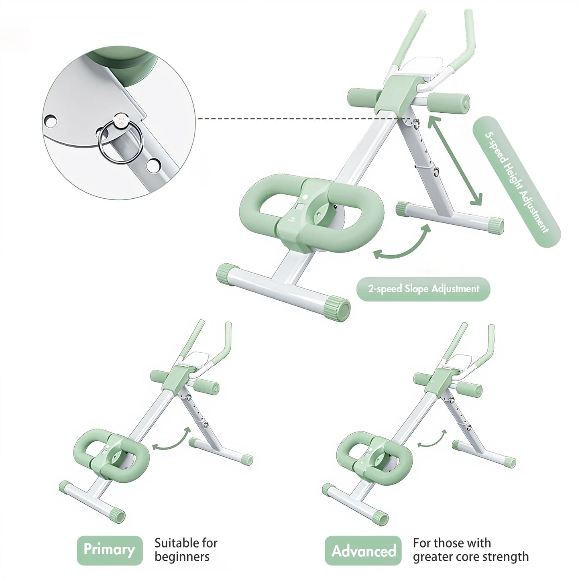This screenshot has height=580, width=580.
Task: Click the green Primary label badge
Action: click(x=110, y=549)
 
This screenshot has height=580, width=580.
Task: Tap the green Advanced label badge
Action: click(x=363, y=550)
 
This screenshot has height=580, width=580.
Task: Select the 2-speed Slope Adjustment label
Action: click(x=423, y=289)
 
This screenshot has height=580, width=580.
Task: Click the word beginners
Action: click(x=182, y=557)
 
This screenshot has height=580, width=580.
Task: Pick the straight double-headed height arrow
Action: click(x=455, y=161)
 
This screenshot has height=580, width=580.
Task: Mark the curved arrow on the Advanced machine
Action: click(x=432, y=438)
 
